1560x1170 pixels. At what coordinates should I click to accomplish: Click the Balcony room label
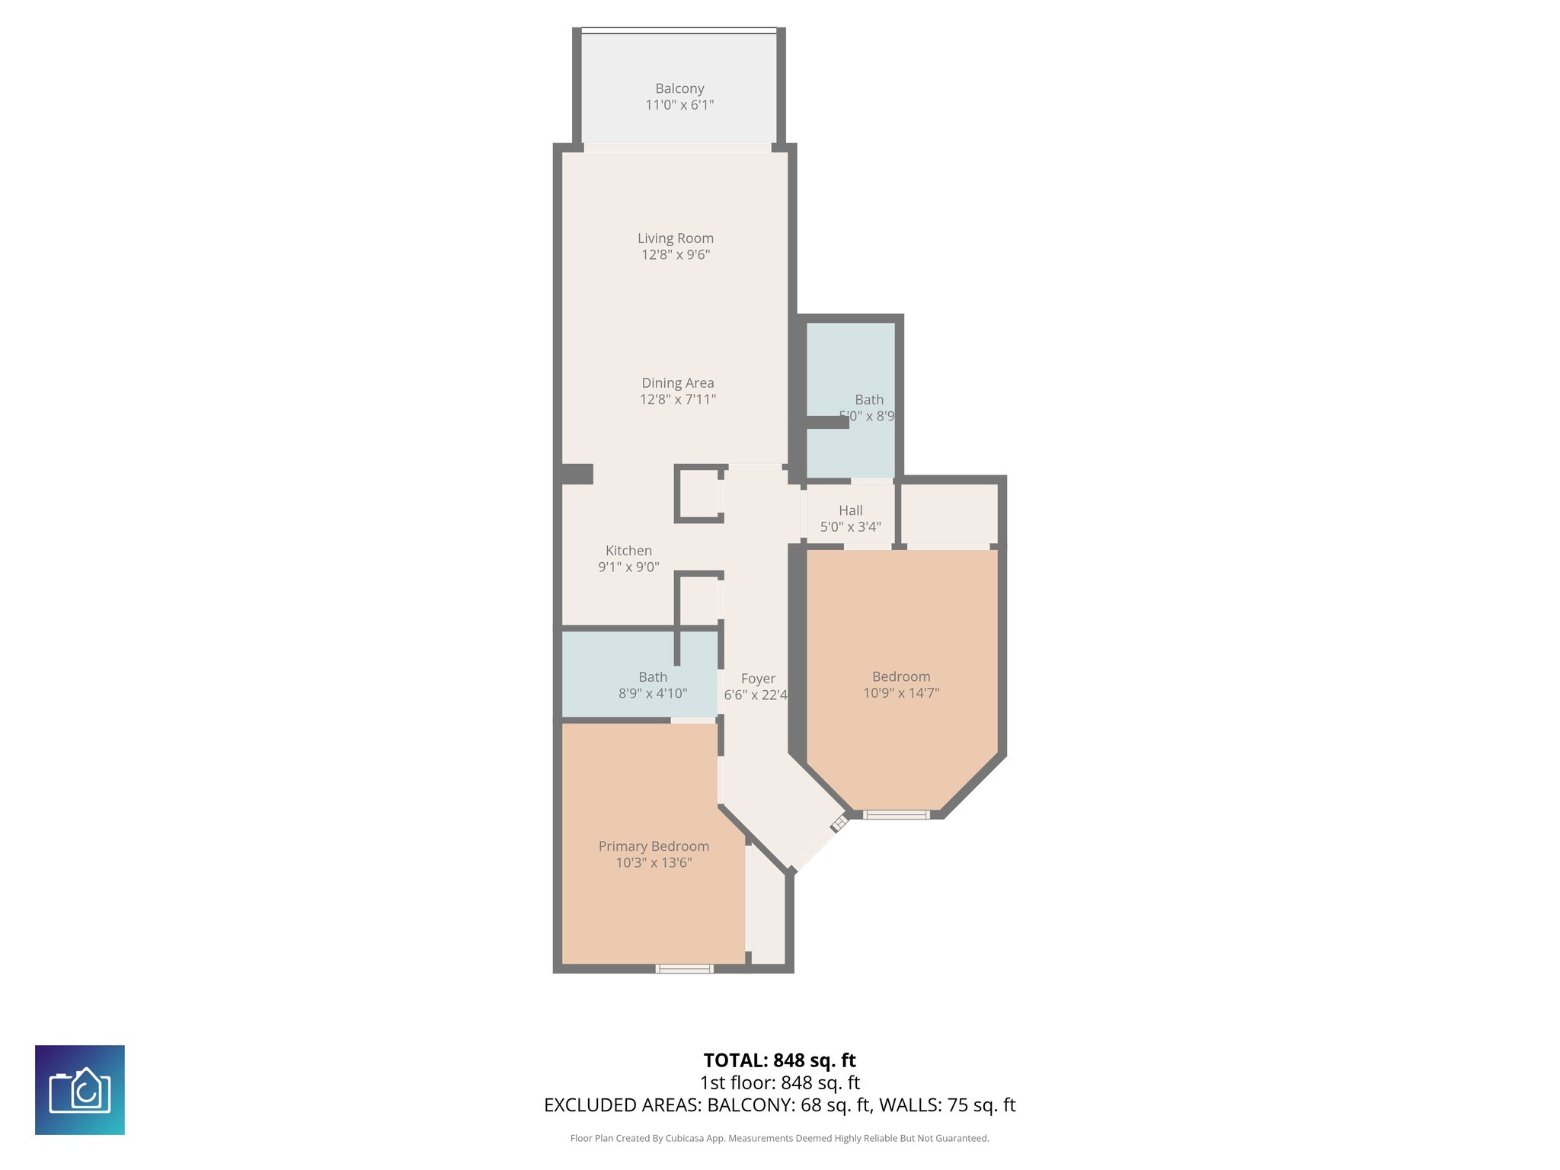(x=679, y=88)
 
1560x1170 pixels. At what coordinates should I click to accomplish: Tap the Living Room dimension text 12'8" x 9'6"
(x=676, y=255)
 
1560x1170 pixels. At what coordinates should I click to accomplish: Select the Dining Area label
(x=677, y=383)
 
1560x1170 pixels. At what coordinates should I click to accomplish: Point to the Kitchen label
(x=628, y=551)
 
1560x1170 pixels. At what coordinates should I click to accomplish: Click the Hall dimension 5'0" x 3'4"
(x=850, y=527)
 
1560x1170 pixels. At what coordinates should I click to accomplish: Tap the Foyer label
(x=758, y=679)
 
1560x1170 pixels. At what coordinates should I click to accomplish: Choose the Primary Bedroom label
(x=654, y=846)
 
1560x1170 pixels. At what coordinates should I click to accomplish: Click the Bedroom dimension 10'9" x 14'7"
(x=901, y=693)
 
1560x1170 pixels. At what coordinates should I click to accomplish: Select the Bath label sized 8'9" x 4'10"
(x=653, y=677)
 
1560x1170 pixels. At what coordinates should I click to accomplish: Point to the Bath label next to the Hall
(x=869, y=400)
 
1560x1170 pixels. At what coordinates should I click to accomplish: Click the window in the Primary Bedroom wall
(x=684, y=969)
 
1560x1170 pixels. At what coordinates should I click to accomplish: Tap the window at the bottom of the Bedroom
(x=897, y=815)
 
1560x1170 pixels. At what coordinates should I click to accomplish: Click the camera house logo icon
(x=80, y=1090)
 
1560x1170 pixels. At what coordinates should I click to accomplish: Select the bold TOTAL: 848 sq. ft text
(x=779, y=1060)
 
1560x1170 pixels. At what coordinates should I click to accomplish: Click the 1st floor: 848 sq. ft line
(x=779, y=1082)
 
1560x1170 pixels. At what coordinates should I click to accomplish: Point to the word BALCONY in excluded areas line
(x=750, y=1105)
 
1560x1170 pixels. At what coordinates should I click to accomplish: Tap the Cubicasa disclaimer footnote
(x=779, y=1138)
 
